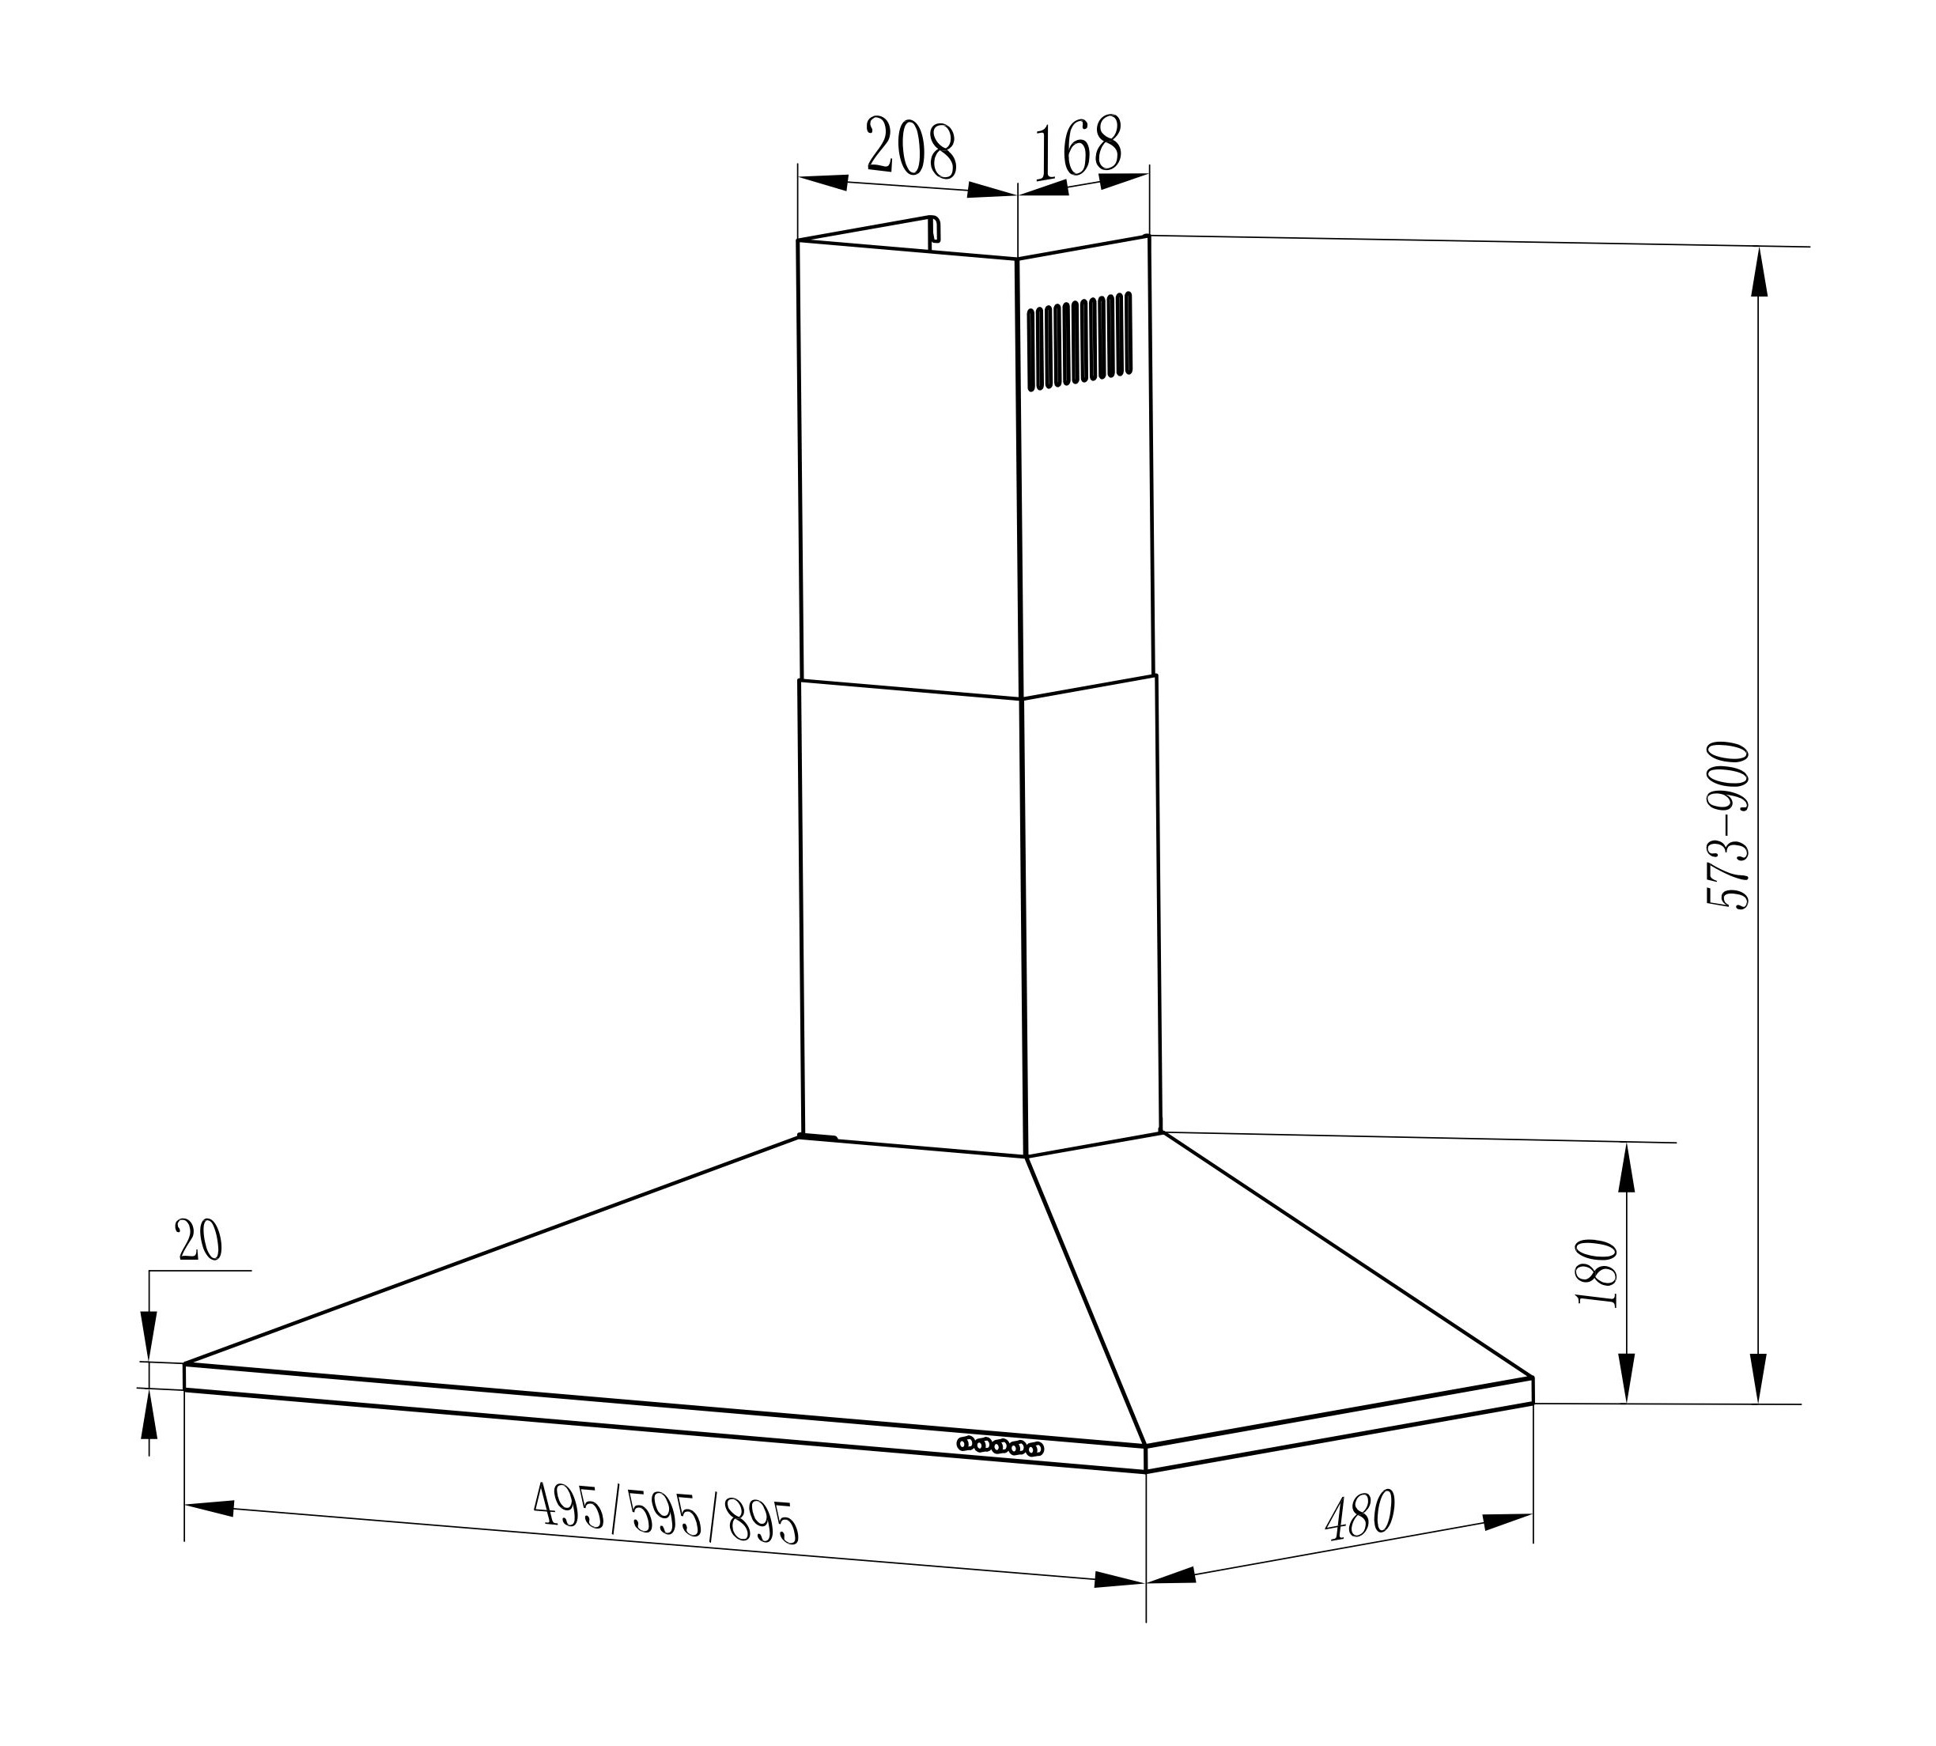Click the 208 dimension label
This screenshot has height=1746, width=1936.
tap(910, 149)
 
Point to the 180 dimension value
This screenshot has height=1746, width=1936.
tap(1598, 1273)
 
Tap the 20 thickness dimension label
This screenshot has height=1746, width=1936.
tap(199, 1241)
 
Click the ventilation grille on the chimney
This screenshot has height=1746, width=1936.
tap(1080, 342)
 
